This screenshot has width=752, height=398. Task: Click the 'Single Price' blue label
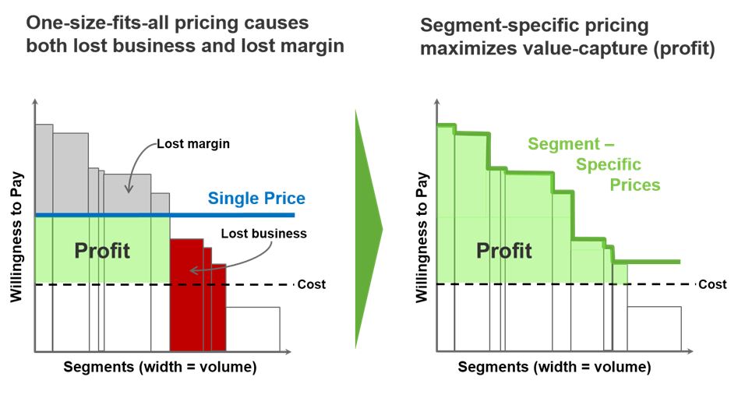click(256, 199)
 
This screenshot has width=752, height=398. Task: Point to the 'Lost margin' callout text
click(193, 143)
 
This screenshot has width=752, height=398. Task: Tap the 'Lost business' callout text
click(263, 233)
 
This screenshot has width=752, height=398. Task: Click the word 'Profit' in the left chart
click(102, 251)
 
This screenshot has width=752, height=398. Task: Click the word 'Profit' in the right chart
click(504, 251)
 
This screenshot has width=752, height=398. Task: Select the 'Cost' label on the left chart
click(312, 284)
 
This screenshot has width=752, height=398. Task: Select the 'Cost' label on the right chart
click(712, 284)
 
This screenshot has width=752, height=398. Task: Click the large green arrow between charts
click(368, 230)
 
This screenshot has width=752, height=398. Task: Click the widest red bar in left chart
click(186, 296)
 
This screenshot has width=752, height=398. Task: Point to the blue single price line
click(234, 214)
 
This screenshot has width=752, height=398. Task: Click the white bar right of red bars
click(252, 329)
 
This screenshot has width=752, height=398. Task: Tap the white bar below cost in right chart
click(654, 329)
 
